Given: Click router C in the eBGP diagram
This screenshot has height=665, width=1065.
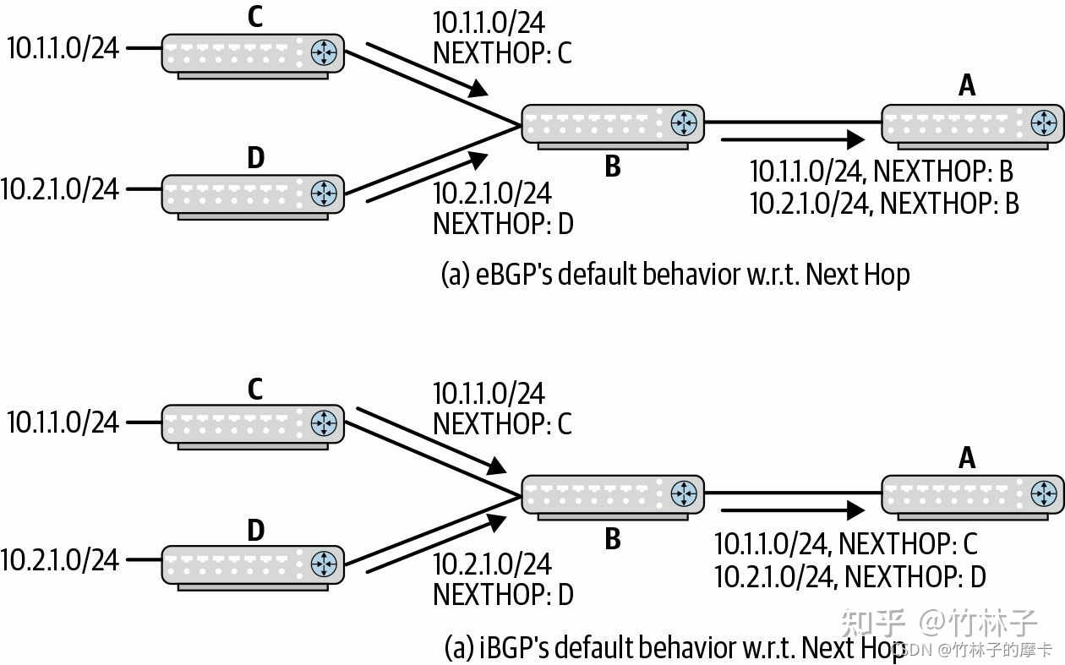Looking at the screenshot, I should [x=252, y=54].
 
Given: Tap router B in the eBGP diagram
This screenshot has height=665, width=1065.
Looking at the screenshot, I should [x=612, y=124].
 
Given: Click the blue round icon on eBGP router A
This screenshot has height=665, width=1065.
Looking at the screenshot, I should [x=1045, y=123].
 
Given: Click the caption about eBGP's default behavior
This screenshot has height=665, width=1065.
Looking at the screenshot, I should [x=675, y=275].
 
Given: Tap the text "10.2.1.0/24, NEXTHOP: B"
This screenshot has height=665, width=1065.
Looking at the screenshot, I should [x=884, y=204].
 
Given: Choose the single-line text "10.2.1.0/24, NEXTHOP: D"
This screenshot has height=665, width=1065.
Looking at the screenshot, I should [x=849, y=577].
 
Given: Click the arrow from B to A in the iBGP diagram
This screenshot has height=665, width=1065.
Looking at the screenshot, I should [x=792, y=510].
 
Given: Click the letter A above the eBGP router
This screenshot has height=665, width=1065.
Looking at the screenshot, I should [x=966, y=85].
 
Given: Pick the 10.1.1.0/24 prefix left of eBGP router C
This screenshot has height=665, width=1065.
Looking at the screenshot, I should [x=63, y=48].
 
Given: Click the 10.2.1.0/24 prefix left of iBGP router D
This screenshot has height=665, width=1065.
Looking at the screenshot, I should [x=60, y=559].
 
